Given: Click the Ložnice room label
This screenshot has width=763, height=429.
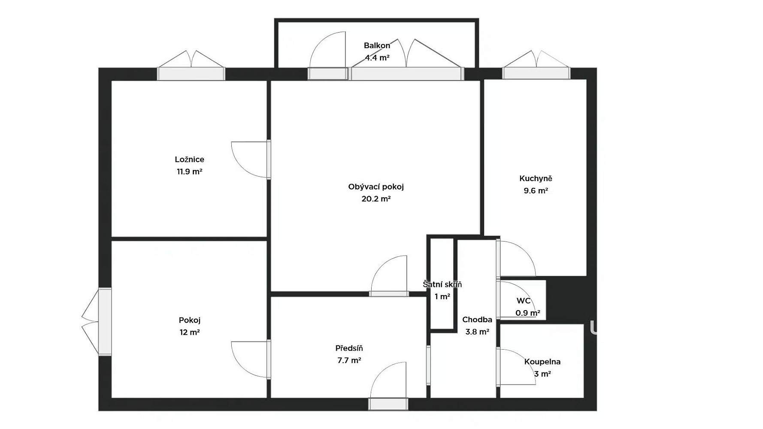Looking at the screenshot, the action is (x=189, y=159).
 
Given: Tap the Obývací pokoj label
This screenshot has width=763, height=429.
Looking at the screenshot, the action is (x=376, y=187).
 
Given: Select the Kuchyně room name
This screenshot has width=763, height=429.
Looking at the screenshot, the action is (x=536, y=178).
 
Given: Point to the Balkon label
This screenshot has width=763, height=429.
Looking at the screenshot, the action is (x=377, y=45).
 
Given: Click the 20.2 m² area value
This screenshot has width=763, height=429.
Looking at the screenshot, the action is (x=376, y=199).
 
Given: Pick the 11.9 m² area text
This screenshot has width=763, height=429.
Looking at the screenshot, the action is (x=189, y=172).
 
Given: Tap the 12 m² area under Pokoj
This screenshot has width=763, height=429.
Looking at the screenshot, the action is (x=189, y=332).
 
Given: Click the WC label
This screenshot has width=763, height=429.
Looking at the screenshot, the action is (x=524, y=301).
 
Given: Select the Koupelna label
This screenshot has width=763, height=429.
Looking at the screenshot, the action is (x=542, y=362).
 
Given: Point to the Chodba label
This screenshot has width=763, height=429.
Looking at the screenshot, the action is (x=477, y=320).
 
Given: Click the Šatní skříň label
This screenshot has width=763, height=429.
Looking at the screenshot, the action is (x=442, y=284).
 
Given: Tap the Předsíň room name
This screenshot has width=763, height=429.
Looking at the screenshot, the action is (x=349, y=348).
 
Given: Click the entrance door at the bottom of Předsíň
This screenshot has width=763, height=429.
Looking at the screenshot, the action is (x=388, y=404).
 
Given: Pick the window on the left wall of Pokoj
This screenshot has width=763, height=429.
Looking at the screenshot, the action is (x=105, y=322).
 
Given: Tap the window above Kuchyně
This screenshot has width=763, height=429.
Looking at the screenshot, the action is (x=536, y=73).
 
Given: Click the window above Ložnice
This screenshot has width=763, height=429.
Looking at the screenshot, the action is (x=191, y=74).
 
